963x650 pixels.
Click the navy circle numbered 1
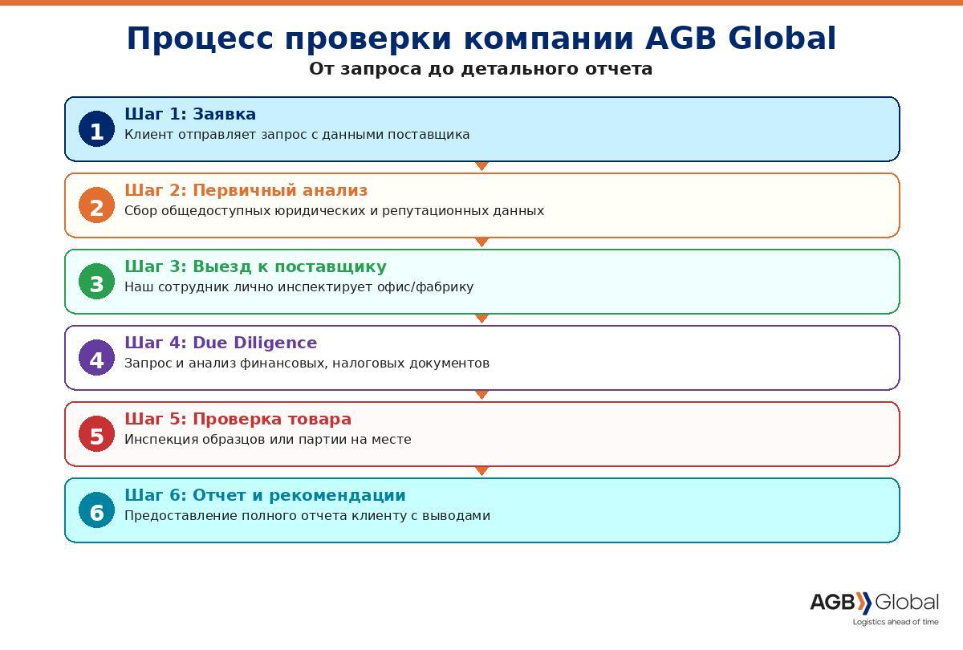point(97,129)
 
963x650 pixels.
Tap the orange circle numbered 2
point(97,205)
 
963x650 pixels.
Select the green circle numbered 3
point(97,282)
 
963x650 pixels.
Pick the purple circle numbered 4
point(97,358)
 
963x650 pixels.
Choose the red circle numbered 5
point(97,434)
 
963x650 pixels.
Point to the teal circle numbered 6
point(97,510)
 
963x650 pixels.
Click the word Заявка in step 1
point(225,114)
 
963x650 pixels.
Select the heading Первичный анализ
point(280,190)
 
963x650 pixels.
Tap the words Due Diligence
point(255,343)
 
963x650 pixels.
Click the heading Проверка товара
point(272,419)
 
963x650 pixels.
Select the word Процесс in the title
point(200,39)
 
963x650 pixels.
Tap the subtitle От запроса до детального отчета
point(481,69)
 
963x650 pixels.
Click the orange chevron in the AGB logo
point(863,603)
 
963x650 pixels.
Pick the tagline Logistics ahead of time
point(896,622)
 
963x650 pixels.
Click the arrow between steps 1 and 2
point(482,166)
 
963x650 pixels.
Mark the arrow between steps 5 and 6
point(482,471)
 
